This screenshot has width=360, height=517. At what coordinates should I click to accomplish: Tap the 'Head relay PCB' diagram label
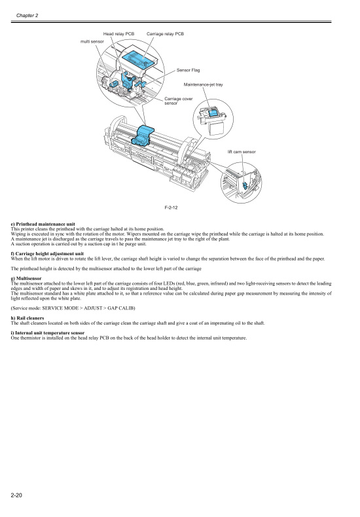tap(118, 33)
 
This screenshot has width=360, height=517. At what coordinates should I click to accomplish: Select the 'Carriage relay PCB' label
tap(166, 33)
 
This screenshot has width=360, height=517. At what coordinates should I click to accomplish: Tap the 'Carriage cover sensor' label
tap(177, 101)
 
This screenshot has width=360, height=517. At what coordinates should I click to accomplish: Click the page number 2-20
tap(18, 495)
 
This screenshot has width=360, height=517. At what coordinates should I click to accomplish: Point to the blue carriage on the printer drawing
tap(143, 134)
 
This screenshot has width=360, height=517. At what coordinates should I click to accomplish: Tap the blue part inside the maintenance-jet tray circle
tap(213, 114)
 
